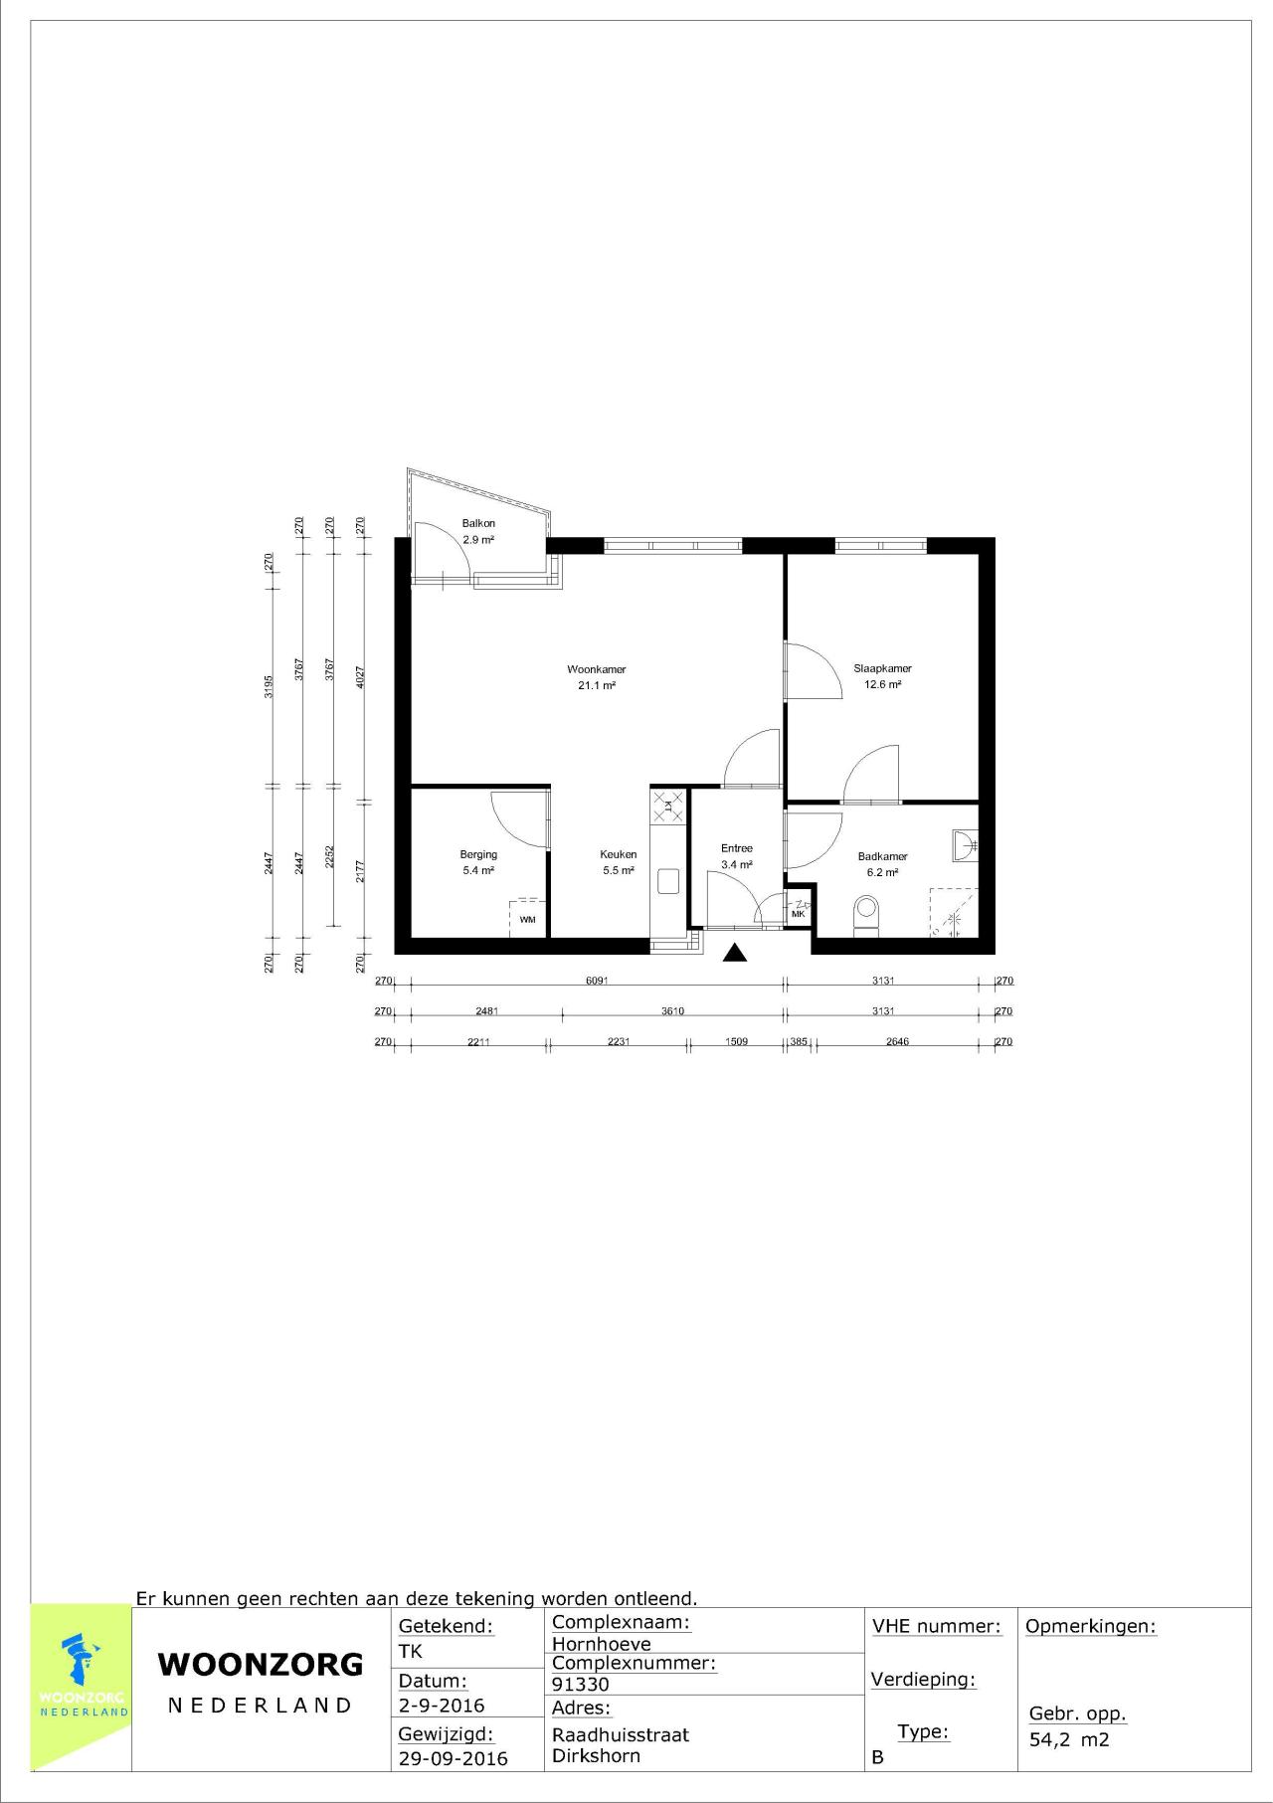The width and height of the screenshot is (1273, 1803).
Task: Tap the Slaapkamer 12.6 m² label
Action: point(882,676)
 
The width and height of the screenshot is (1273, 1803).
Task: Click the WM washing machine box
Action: point(527,919)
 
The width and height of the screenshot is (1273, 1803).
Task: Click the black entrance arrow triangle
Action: point(735,954)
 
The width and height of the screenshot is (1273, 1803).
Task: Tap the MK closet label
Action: point(798,913)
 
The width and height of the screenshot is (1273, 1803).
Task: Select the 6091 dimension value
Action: point(597,981)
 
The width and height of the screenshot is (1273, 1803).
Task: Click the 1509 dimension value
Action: point(736,1042)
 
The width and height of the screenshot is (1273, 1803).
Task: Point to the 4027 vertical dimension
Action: point(361,676)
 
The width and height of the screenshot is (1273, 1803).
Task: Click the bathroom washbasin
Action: point(963,845)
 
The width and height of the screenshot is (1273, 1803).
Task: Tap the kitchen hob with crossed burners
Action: point(667,806)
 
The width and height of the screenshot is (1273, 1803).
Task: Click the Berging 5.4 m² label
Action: point(478,862)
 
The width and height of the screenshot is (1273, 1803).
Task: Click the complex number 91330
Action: point(581,1684)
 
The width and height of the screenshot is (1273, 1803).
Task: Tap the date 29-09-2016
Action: point(453,1758)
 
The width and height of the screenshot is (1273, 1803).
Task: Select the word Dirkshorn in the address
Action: point(596,1755)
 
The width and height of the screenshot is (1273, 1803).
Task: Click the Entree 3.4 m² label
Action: point(737,856)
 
